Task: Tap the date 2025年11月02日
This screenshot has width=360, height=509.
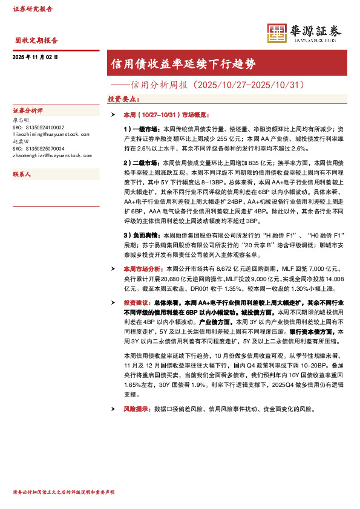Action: tap(35, 56)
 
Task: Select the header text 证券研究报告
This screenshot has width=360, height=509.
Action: tap(33, 9)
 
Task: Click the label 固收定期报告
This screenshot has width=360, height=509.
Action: tap(36, 41)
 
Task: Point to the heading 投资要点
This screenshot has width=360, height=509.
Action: tap(123, 98)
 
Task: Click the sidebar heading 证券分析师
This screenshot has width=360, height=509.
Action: tap(31, 111)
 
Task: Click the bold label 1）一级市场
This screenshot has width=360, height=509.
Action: tap(140, 129)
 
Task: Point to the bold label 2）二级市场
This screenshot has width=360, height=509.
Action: tap(140, 163)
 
